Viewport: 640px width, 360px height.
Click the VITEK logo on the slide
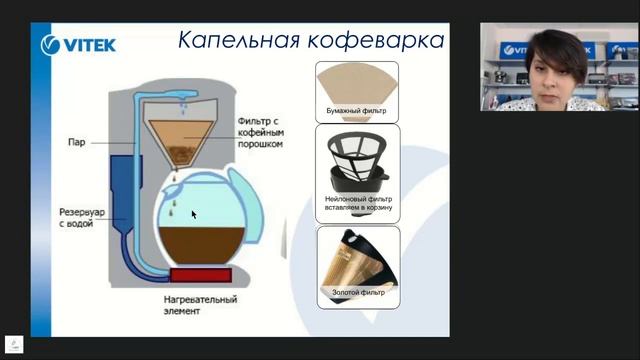pyautogui.click(x=78, y=44)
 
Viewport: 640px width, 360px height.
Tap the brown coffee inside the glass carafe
pyautogui.click(x=197, y=245)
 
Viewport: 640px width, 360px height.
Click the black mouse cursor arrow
pyautogui.click(x=194, y=214)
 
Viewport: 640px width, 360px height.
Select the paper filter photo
pyautogui.click(x=357, y=83)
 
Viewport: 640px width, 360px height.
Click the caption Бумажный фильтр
pyautogui.click(x=357, y=111)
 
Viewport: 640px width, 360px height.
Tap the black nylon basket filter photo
pyautogui.click(x=357, y=160)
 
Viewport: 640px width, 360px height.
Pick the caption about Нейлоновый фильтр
pyautogui.click(x=357, y=204)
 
